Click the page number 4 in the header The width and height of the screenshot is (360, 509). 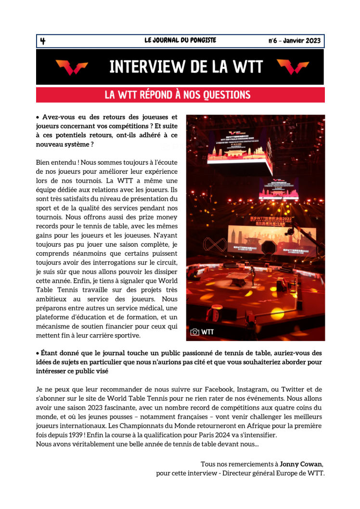click(x=43, y=41)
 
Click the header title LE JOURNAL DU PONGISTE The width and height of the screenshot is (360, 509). click(x=180, y=41)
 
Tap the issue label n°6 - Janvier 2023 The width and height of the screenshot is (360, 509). click(x=294, y=41)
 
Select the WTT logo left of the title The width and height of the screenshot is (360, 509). click(x=71, y=67)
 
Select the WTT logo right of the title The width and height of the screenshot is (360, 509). click(x=293, y=67)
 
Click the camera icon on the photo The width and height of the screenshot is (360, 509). click(x=195, y=332)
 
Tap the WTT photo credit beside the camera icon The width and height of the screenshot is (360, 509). click(x=207, y=332)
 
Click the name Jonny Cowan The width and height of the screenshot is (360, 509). click(x=301, y=464)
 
